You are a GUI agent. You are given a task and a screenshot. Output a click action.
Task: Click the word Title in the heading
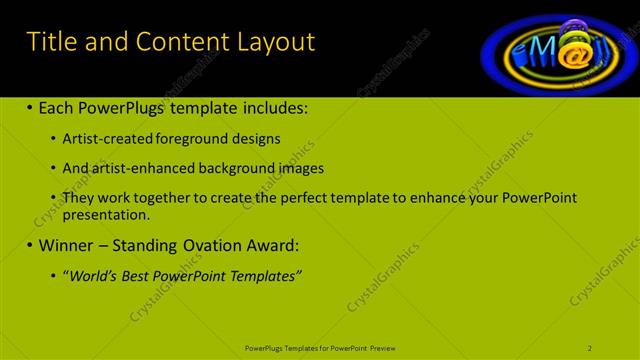tap(51, 41)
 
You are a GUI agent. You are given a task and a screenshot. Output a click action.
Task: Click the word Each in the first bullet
tap(59, 107)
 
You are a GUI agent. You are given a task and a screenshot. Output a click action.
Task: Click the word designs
tap(257, 138)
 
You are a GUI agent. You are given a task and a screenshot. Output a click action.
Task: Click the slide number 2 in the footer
tap(590, 347)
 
